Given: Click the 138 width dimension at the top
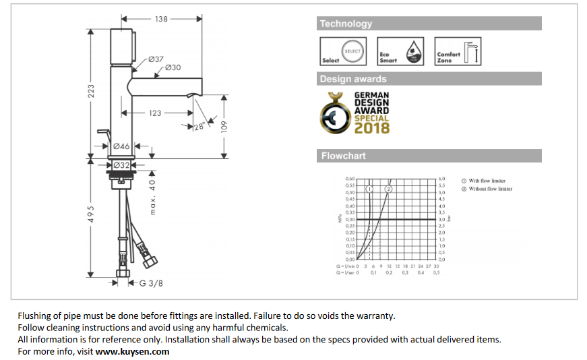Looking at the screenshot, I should point(161,19).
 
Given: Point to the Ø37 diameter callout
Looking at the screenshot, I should point(156,59).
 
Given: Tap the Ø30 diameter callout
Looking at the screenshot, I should point(173,67).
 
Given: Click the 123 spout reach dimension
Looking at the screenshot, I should point(156,113).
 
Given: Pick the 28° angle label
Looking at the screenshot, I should point(199,126).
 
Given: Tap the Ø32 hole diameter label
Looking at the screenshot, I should point(121,164).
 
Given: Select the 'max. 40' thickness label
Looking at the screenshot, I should point(153,197).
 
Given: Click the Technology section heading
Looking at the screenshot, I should point(346,24).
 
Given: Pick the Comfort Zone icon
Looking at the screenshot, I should point(458,51).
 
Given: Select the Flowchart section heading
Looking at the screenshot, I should point(344,156).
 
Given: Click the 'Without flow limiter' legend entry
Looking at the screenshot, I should point(490,189).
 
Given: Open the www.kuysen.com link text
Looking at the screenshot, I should point(132,351).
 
